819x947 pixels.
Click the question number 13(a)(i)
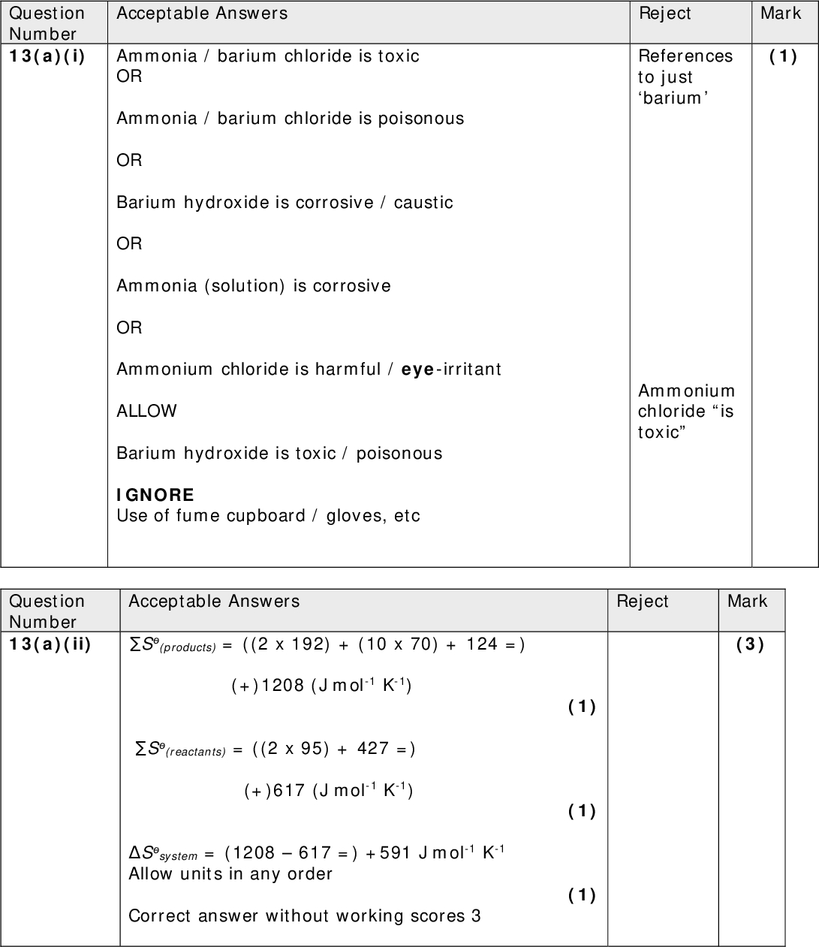[47, 56]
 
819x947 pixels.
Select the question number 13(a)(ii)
[50, 644]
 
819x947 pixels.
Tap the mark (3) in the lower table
[750, 644]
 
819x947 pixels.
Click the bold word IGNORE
[155, 495]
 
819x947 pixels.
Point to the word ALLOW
[146, 411]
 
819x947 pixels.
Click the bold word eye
[418, 369]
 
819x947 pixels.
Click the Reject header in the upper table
[665, 14]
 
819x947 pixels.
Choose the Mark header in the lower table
[747, 601]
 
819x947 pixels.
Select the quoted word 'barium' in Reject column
[673, 98]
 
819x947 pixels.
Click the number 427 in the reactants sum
[373, 749]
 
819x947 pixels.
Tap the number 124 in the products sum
[482, 644]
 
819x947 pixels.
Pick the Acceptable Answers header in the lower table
[214, 601]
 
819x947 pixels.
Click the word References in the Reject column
[685, 56]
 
